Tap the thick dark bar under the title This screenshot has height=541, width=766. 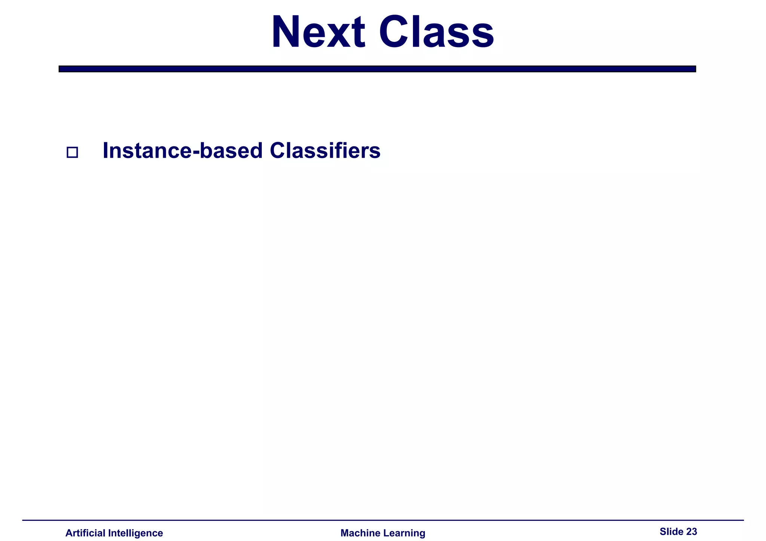click(x=377, y=69)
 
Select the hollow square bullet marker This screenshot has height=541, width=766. click(x=72, y=152)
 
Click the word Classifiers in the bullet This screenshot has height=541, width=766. click(x=325, y=151)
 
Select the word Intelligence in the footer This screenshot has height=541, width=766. click(x=135, y=533)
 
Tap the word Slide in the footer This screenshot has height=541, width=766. click(x=671, y=531)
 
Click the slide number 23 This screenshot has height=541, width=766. click(x=692, y=531)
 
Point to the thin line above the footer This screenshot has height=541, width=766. click(x=383, y=520)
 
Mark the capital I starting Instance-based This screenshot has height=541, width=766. click(x=105, y=151)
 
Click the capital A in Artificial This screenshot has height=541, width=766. click(x=69, y=533)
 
